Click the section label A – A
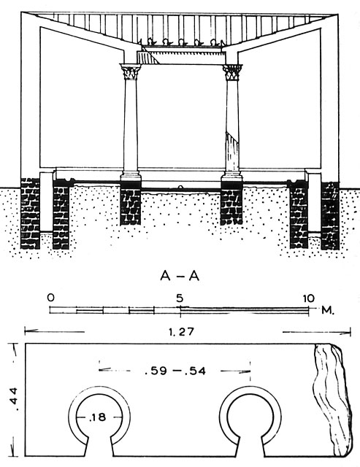(180, 277)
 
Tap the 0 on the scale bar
(51, 298)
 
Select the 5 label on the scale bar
(180, 298)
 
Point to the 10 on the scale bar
(308, 298)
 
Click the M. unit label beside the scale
(328, 311)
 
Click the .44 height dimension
(14, 399)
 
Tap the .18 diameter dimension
(98, 417)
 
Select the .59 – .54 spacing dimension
(175, 371)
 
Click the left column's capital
(130, 72)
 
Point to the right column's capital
(232, 72)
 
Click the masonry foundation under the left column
(130, 206)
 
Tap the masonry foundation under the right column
(231, 207)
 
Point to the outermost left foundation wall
(30, 214)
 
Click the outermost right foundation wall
(330, 215)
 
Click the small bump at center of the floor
(180, 188)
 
